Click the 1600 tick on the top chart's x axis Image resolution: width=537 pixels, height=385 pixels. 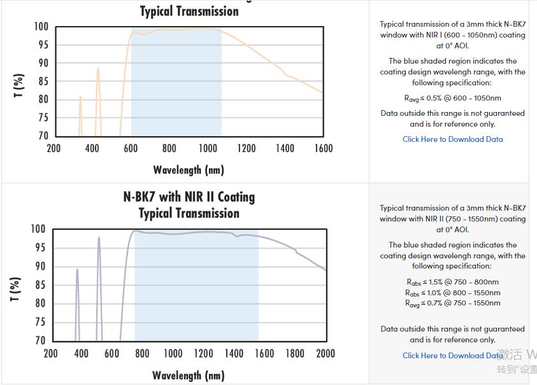[x=323, y=148]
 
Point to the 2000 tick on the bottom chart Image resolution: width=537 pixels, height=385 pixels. [x=326, y=353]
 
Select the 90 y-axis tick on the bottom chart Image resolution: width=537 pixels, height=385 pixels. [x=39, y=267]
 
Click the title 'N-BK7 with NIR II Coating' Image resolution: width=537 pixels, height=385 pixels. [x=189, y=197]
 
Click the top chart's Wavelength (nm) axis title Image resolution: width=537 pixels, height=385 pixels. [x=189, y=170]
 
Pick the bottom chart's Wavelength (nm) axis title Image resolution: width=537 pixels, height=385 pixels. [x=189, y=375]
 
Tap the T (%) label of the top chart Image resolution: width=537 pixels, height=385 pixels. [x=19, y=86]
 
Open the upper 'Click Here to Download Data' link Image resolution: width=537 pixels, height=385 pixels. [x=453, y=139]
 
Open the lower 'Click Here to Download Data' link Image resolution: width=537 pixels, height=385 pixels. [x=453, y=356]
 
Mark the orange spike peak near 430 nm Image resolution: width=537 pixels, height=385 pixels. [x=97, y=69]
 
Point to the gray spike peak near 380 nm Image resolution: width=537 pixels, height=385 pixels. [x=77, y=269]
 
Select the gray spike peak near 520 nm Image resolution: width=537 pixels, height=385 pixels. [x=99, y=238]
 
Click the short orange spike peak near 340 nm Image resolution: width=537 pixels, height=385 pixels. [x=80, y=97]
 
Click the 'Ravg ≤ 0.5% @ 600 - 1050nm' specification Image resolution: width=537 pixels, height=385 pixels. [x=453, y=98]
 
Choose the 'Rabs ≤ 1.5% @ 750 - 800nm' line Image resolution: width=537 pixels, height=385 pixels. [x=453, y=282]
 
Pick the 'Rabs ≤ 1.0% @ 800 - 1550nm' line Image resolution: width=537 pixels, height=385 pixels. [x=453, y=293]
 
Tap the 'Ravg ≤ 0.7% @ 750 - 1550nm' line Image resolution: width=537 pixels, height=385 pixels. [x=453, y=303]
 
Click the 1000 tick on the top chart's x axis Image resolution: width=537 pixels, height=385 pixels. [x=208, y=148]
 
